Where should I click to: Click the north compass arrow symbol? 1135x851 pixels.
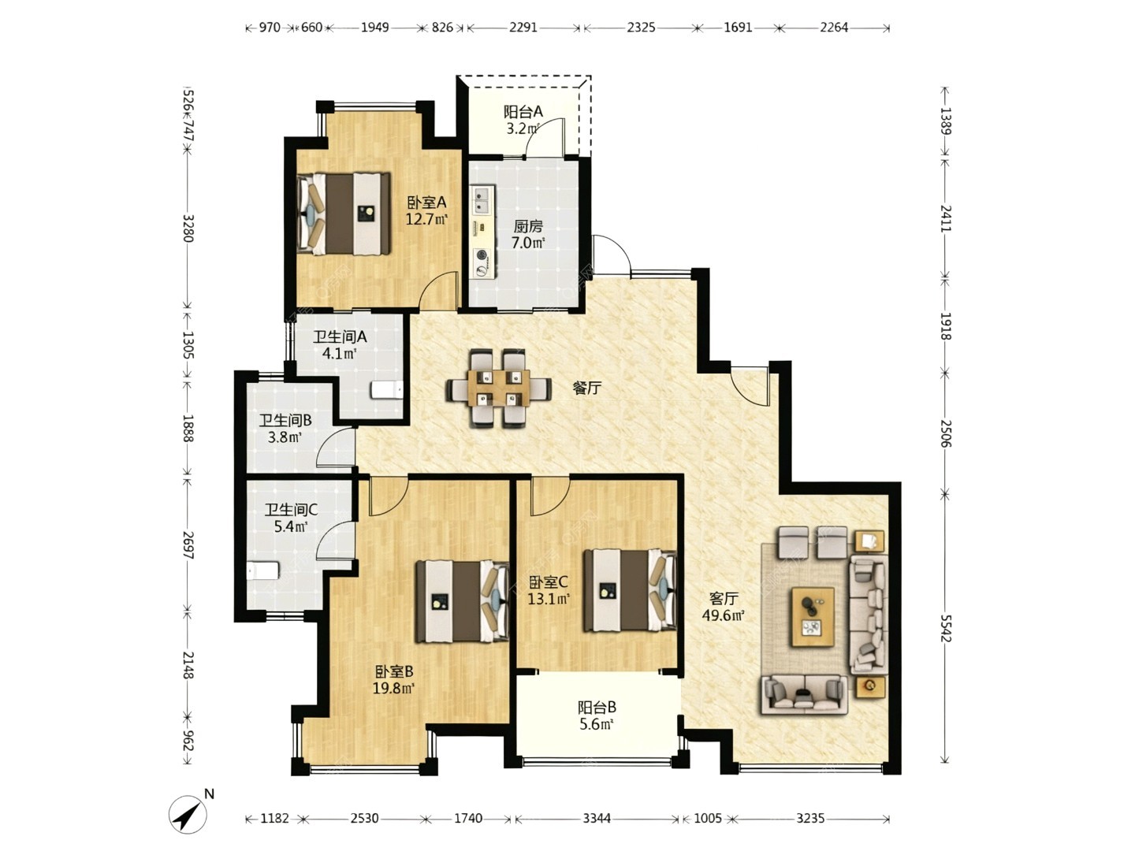pos(188,814)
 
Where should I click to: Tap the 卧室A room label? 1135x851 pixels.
pos(426,202)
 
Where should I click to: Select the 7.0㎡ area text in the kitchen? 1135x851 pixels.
pos(528,243)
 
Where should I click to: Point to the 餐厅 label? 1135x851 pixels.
pos(587,388)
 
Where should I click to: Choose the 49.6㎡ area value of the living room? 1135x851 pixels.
pos(723,615)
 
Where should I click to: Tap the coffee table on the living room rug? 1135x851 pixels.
pos(813,616)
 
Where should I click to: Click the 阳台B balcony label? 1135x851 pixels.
pos(597,707)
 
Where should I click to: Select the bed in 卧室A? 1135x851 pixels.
pos(344,214)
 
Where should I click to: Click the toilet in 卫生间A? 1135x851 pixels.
pos(387,389)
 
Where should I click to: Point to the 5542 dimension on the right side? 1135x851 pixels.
pos(945,628)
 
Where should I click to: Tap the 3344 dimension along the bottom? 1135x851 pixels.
pos(597,818)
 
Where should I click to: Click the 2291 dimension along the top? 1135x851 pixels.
pos(523,28)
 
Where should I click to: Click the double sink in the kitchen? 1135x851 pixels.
pos(483,200)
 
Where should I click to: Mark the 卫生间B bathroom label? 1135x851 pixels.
pos(285,421)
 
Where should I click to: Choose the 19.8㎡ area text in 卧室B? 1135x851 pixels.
pos(393,688)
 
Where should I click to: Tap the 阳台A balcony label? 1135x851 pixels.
pos(523,112)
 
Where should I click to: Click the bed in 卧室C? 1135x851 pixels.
pos(630,590)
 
